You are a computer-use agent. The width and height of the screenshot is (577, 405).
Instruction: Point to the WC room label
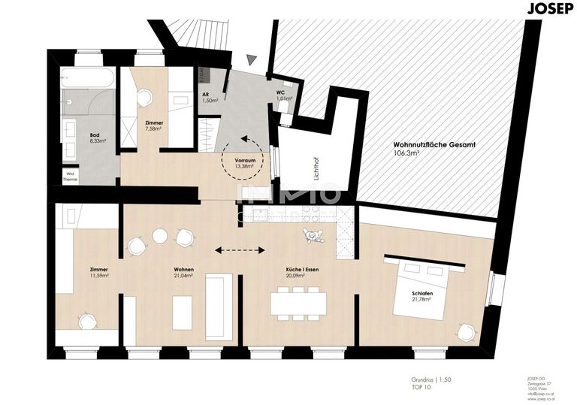tap(279, 92)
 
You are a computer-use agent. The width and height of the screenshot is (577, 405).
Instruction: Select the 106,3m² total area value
tap(406, 153)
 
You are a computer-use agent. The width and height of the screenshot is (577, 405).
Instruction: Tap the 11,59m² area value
tap(98, 276)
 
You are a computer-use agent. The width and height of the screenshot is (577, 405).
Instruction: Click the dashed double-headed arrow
tap(239, 250)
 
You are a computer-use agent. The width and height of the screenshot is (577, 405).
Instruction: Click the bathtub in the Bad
tap(89, 78)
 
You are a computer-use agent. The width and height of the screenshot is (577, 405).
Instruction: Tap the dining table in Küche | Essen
tap(298, 303)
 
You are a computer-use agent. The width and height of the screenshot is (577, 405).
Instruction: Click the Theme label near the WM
tap(70, 180)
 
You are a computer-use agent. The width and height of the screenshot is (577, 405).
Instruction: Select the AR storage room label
tap(206, 95)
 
